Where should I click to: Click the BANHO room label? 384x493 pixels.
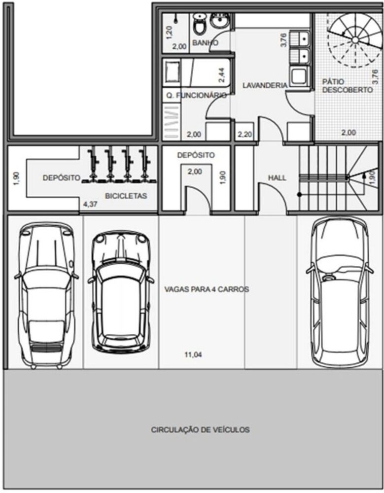tap(205, 43)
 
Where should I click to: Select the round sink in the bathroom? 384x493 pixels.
tap(219, 21)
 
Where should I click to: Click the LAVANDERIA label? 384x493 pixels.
tap(265, 85)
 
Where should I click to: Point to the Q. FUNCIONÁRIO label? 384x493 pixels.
tap(196, 96)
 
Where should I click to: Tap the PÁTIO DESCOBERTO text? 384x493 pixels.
tap(347, 86)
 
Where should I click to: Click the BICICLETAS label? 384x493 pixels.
tap(126, 196)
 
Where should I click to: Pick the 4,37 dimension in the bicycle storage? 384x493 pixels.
tap(90, 203)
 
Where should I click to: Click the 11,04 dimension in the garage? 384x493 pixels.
tap(193, 354)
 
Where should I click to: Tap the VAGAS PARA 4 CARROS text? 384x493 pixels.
tap(206, 289)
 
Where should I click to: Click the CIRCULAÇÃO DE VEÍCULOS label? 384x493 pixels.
tap(200, 430)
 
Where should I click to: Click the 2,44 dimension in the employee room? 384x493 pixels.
tap(222, 74)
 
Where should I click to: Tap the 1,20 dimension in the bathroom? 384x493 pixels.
tap(169, 32)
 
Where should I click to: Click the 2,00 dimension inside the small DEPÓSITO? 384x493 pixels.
tap(195, 172)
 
